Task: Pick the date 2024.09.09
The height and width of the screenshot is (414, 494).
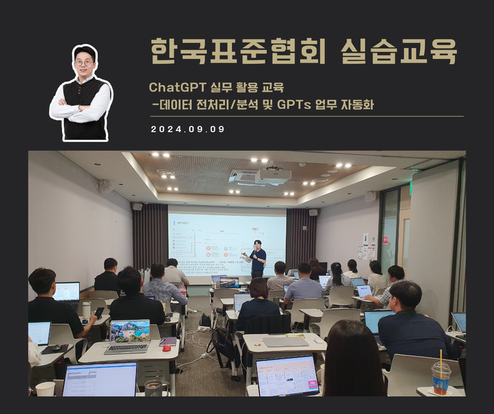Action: point(188,129)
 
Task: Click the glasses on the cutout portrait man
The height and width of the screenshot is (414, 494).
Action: point(84,63)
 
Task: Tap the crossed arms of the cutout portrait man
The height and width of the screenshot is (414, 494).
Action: point(82,111)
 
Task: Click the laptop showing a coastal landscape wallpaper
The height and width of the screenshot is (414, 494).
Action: point(129,333)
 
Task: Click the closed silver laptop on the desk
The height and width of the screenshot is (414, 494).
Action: point(286,342)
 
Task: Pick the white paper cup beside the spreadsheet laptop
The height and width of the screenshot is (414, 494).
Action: point(45,389)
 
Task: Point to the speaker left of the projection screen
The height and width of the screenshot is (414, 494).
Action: point(137,206)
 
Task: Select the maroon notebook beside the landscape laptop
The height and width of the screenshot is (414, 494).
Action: point(168,341)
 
